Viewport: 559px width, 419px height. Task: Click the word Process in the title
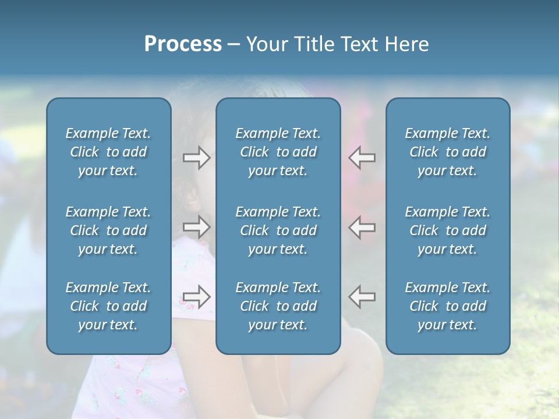(x=183, y=44)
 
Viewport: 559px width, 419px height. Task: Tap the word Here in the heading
(x=406, y=44)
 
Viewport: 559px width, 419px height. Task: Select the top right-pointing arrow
(x=196, y=157)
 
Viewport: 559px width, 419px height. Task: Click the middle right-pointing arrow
(x=196, y=227)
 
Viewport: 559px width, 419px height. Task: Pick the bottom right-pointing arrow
(x=196, y=297)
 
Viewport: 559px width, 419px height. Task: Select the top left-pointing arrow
(x=362, y=157)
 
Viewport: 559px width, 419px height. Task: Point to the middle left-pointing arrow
(x=362, y=227)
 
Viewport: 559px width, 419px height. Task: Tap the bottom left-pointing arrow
(x=362, y=297)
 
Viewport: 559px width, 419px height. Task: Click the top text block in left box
(x=108, y=152)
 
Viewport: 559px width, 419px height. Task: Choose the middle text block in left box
(x=108, y=230)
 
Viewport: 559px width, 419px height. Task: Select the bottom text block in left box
(x=108, y=306)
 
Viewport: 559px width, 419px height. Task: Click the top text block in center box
(x=278, y=152)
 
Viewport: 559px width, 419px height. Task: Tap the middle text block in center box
(x=278, y=230)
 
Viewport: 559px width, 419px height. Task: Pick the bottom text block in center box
(x=278, y=306)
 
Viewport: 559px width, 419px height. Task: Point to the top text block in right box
(x=448, y=152)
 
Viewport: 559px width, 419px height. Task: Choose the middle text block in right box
(x=448, y=230)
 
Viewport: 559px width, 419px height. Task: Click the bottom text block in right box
(x=448, y=306)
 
